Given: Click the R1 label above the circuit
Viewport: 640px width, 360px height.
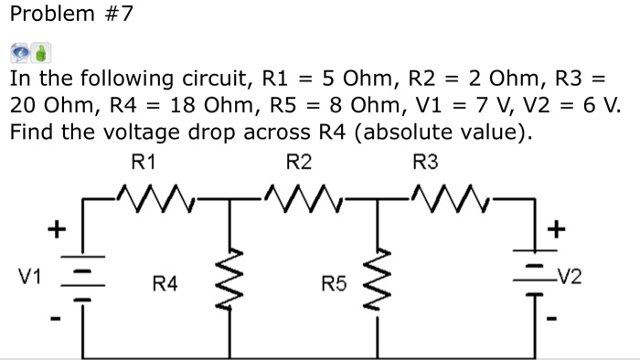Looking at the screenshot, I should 144,164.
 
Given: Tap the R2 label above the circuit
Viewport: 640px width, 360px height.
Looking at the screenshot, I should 299,164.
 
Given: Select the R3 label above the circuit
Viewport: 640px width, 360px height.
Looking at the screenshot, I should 426,164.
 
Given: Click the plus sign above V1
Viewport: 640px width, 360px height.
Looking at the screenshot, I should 56,227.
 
